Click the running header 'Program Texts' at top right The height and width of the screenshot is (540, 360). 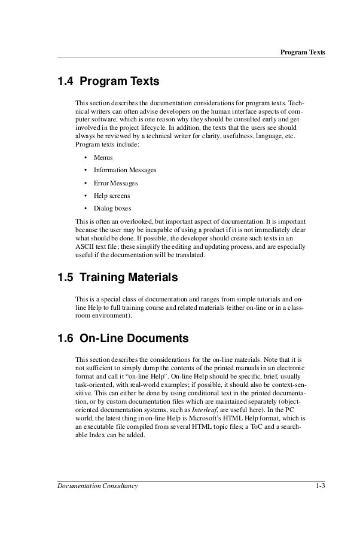pyautogui.click(x=303, y=52)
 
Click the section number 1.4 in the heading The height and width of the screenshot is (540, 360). pyautogui.click(x=65, y=80)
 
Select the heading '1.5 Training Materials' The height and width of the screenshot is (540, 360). pyautogui.click(x=117, y=277)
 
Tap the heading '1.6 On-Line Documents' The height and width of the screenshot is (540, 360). pyautogui.click(x=123, y=338)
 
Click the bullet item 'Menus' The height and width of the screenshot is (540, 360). pyautogui.click(x=103, y=157)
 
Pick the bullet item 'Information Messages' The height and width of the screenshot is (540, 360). pyautogui.click(x=125, y=170)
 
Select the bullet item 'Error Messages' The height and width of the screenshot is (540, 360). pyautogui.click(x=115, y=183)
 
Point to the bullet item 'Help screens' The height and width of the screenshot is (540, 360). pyautogui.click(x=112, y=196)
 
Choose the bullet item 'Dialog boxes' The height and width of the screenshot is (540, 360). pyautogui.click(x=112, y=208)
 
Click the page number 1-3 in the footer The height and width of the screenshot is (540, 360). pyautogui.click(x=320, y=486)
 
